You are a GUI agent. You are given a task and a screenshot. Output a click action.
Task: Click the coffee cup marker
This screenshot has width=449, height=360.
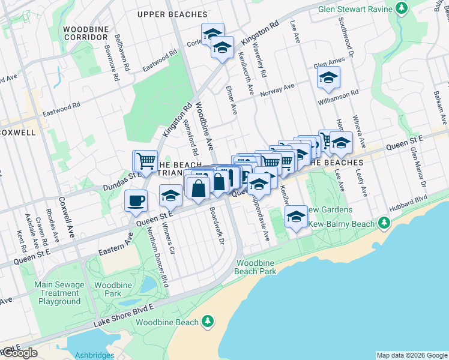pyautogui.click(x=136, y=200)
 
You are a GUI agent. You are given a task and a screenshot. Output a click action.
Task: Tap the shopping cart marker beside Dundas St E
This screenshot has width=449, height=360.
pyautogui.click(x=145, y=161)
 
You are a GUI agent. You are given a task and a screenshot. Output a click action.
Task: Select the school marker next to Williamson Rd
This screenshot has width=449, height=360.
pyautogui.click(x=328, y=78)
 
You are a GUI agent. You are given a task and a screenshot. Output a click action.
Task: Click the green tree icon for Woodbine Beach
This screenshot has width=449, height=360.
pyautogui.click(x=208, y=322)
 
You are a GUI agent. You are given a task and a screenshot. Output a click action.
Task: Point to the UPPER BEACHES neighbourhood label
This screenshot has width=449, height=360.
pyautogui.click(x=172, y=14)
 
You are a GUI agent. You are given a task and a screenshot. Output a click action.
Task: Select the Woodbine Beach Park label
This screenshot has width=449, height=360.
pyautogui.click(x=256, y=267)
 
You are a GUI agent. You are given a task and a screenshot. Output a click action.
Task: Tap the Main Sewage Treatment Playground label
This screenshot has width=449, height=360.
pyautogui.click(x=58, y=293)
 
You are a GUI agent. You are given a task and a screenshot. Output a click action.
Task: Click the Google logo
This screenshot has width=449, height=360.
pyautogui.click(x=19, y=353)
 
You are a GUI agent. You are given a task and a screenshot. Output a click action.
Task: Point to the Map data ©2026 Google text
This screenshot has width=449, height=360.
pyautogui.click(x=412, y=355)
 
